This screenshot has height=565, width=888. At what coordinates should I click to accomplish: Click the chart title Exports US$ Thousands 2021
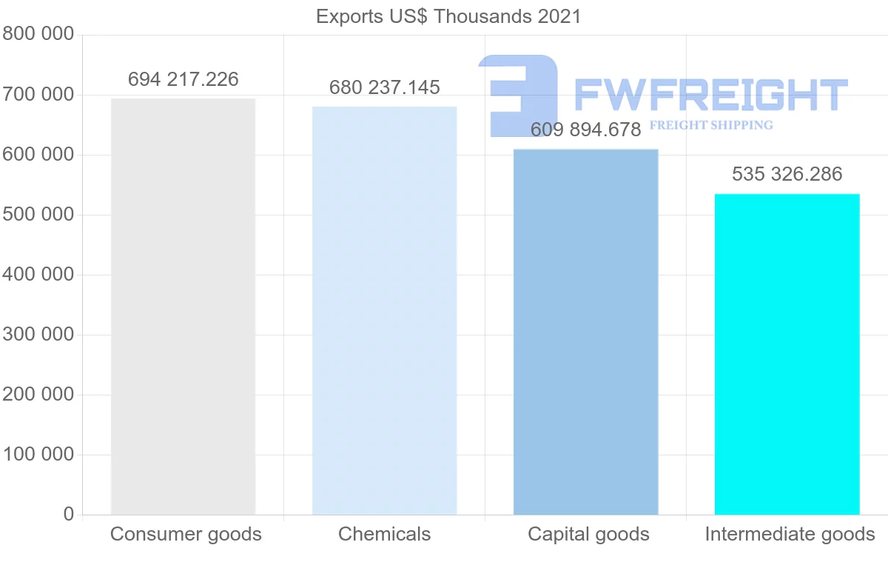click(x=448, y=16)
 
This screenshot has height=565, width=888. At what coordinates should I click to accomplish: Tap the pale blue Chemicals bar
click(x=385, y=311)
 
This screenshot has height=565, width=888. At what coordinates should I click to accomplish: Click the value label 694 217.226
click(x=184, y=79)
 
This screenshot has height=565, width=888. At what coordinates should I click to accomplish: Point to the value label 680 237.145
click(x=385, y=87)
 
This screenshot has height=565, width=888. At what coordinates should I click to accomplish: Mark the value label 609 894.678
click(x=586, y=130)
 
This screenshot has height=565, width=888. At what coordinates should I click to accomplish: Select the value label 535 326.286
click(x=787, y=175)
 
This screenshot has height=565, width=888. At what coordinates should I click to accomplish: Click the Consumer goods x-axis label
click(x=186, y=534)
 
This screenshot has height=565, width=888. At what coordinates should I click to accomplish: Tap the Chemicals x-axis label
click(x=385, y=534)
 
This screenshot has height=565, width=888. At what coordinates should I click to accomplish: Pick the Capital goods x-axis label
click(x=588, y=534)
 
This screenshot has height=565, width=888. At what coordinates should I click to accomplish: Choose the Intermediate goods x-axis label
click(x=790, y=534)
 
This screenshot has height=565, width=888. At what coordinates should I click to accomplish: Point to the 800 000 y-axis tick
click(x=38, y=34)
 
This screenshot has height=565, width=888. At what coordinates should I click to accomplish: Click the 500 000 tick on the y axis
click(x=38, y=215)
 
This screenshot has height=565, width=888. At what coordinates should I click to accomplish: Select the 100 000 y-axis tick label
click(x=38, y=455)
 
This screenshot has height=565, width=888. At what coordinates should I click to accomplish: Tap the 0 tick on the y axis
click(x=69, y=515)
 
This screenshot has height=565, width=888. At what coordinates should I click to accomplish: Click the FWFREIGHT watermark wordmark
click(x=710, y=95)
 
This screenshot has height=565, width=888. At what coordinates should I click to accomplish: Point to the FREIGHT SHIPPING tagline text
click(x=711, y=125)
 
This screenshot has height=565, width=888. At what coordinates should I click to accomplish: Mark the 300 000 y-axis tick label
click(x=38, y=335)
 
